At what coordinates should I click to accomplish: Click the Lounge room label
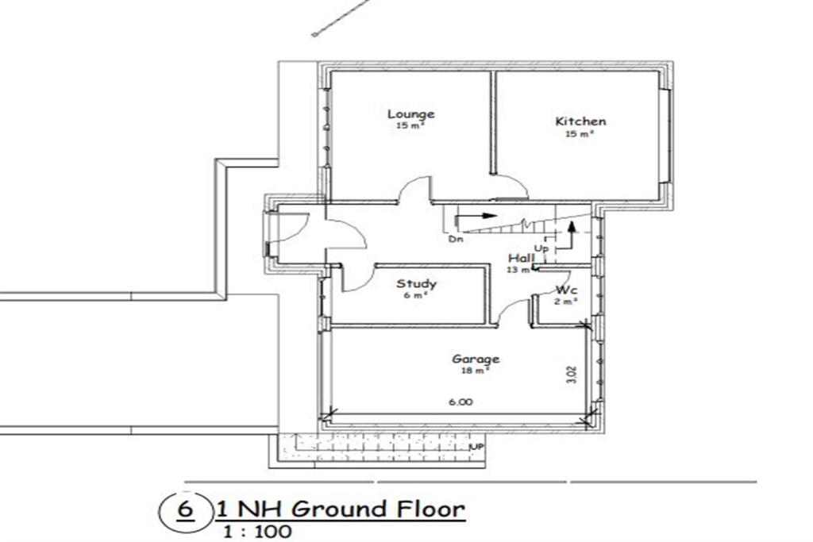[410, 113]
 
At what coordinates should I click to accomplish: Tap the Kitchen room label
[580, 121]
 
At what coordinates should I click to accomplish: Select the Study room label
[417, 283]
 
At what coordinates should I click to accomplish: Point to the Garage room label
[476, 359]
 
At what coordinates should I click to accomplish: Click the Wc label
[566, 290]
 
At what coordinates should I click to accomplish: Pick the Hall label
[521, 259]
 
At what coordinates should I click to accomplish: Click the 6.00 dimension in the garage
[460, 402]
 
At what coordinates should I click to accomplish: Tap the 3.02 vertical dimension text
[572, 375]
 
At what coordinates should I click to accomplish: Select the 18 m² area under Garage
[476, 370]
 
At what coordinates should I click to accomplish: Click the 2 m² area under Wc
[566, 301]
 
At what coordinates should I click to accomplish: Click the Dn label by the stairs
[456, 238]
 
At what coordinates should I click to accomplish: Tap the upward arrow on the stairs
[571, 231]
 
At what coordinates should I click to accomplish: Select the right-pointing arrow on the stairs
[480, 215]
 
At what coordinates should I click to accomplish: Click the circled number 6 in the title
[184, 509]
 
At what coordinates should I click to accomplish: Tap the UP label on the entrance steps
[478, 448]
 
